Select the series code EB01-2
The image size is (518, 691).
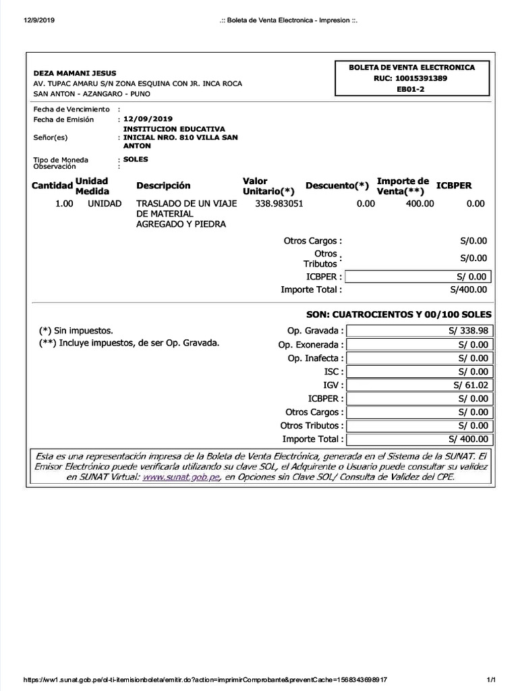pos(411,89)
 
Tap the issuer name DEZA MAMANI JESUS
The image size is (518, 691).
pos(75,73)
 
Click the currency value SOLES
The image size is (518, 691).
pos(136,159)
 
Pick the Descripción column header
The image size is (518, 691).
pos(163,186)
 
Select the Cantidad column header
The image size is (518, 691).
pos(52,186)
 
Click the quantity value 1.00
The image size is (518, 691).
pos(64,203)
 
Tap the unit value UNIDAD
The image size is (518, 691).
pos(105,203)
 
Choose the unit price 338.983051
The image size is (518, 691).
pos(279,203)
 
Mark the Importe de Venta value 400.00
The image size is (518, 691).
pos(420,203)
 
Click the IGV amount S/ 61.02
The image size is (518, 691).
pos(471,385)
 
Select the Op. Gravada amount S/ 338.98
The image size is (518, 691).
pos(467,331)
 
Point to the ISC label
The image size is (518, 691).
pos(333,371)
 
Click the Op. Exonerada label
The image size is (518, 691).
pos(311,344)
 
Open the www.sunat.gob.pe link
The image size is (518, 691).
pos(182,477)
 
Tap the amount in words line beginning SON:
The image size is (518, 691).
pos(399,314)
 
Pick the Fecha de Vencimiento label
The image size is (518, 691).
pos(71,109)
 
